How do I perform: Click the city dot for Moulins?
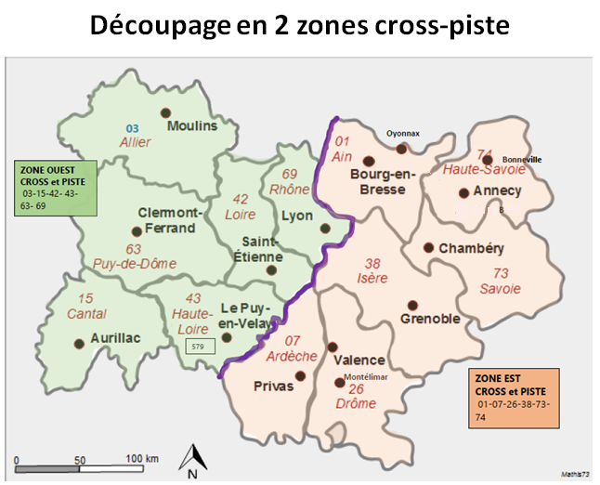tap(169, 124)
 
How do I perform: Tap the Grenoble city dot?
tap(412, 306)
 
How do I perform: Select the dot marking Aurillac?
tap(79, 342)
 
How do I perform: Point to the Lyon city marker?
tap(324, 228)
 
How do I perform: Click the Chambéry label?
tap(471, 248)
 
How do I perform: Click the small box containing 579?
tap(200, 347)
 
